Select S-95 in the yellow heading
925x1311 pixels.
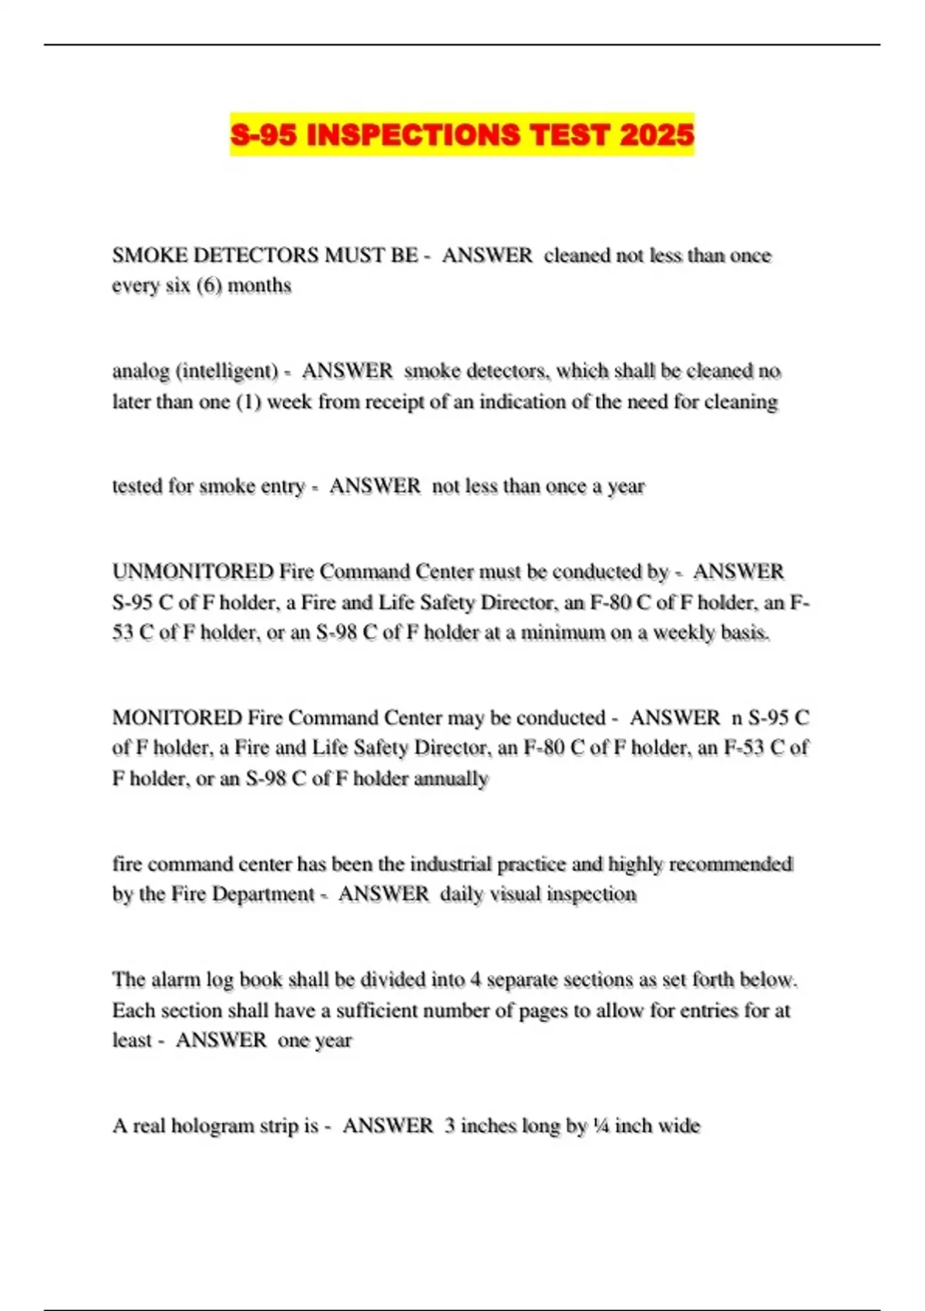[x=263, y=135]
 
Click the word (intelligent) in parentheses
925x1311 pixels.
[x=227, y=372]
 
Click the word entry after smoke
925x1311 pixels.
[x=283, y=487]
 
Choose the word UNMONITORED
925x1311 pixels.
[x=192, y=572]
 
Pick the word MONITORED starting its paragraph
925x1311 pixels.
[x=177, y=718]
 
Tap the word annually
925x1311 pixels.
[x=452, y=779]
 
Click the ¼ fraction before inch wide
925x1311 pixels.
[x=601, y=1127]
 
